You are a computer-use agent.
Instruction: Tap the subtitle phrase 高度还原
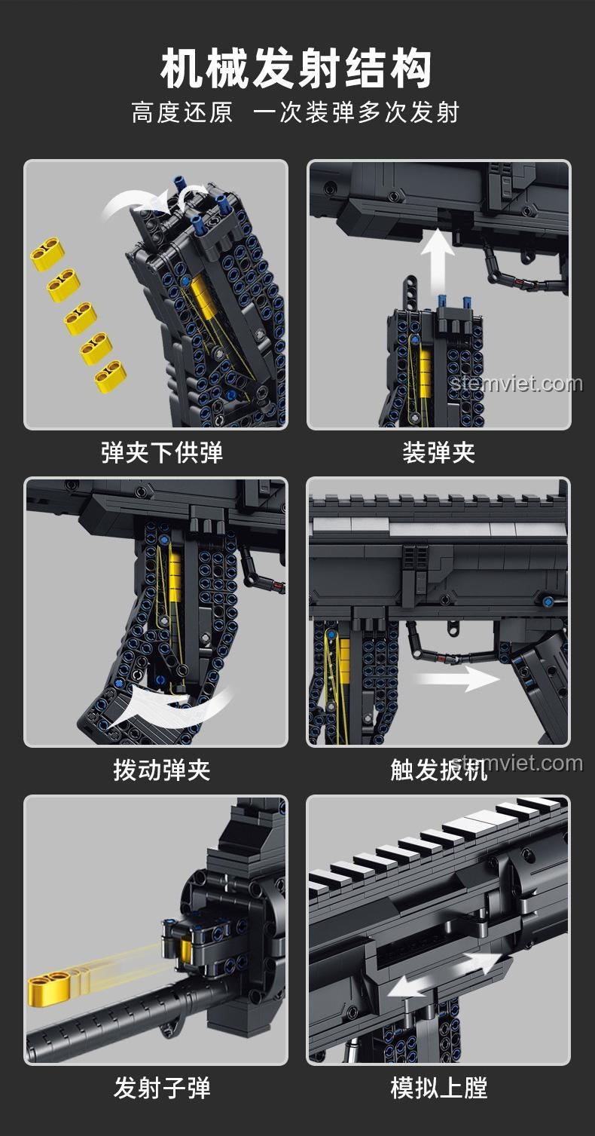click(182, 112)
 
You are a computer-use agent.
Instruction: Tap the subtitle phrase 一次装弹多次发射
click(356, 112)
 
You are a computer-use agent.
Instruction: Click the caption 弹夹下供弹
click(162, 452)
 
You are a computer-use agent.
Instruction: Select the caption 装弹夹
click(439, 452)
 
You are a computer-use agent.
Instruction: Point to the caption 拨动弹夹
click(162, 770)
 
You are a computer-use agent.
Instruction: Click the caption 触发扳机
click(439, 770)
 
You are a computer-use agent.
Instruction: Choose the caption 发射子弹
click(162, 1087)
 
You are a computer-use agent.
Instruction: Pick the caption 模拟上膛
click(439, 1087)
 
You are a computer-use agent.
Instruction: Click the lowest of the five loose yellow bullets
click(110, 377)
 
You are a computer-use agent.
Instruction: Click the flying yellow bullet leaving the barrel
click(50, 986)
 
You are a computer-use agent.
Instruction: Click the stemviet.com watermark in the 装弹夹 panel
click(516, 384)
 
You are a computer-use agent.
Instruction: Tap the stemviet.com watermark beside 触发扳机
click(517, 763)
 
